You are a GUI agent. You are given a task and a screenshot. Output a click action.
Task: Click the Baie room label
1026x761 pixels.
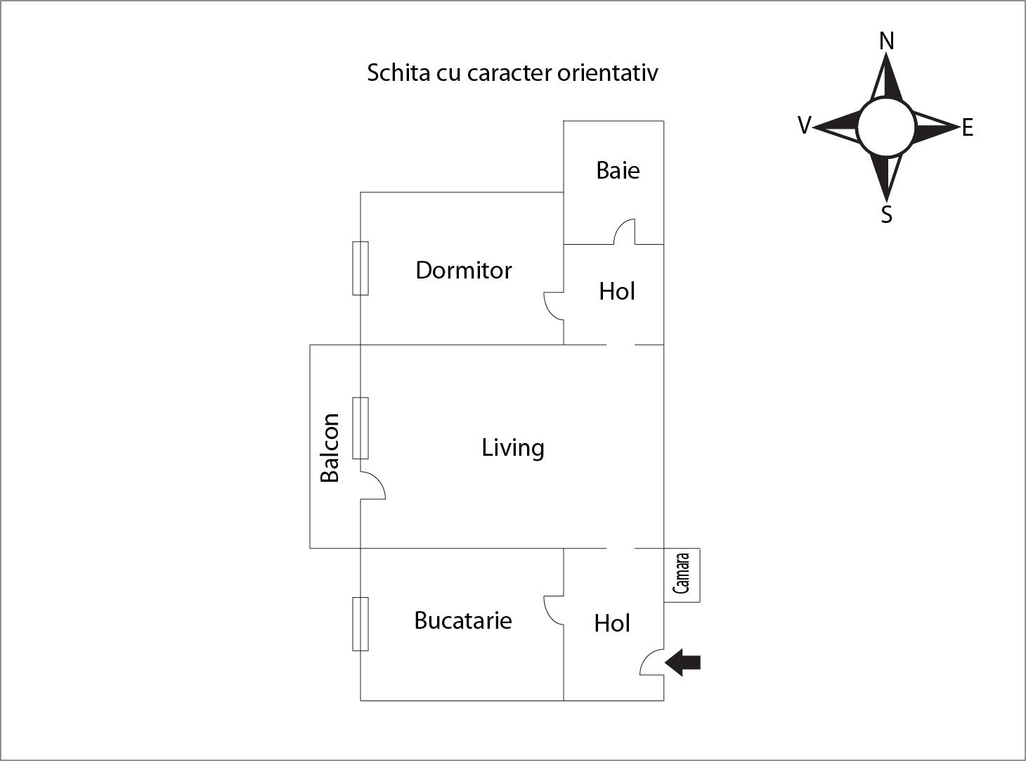click(x=618, y=170)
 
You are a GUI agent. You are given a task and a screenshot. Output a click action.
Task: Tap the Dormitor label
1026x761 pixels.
click(x=464, y=271)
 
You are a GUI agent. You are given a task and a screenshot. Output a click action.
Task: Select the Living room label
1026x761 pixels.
click(x=512, y=448)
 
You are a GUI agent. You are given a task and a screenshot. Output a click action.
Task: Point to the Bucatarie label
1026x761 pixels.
click(x=463, y=620)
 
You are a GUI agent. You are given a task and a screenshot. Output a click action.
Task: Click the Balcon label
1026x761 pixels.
click(x=330, y=448)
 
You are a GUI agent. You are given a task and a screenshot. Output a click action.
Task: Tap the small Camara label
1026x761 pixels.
click(x=681, y=573)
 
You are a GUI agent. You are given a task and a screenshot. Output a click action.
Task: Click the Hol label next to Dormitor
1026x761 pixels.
click(x=616, y=292)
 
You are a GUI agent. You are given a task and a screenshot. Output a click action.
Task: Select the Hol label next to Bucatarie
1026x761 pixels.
click(x=612, y=623)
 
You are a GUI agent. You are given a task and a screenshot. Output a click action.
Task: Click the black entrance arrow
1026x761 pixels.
click(x=683, y=663)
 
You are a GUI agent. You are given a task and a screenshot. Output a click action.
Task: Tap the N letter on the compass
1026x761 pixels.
click(x=886, y=41)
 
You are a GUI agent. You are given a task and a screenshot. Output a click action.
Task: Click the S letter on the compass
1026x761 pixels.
click(x=886, y=215)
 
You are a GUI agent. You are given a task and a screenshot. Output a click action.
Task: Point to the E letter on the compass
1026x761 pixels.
click(x=968, y=128)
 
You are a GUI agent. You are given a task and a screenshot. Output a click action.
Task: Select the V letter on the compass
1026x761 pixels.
click(x=805, y=125)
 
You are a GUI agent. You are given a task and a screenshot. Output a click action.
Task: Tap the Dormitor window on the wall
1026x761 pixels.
click(x=361, y=268)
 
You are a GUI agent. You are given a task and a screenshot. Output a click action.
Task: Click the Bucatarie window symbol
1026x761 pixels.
click(x=361, y=624)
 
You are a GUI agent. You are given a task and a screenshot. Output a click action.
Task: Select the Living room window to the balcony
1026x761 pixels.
click(x=361, y=428)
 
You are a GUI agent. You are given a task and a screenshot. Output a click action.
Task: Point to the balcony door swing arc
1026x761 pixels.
click(x=378, y=480)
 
